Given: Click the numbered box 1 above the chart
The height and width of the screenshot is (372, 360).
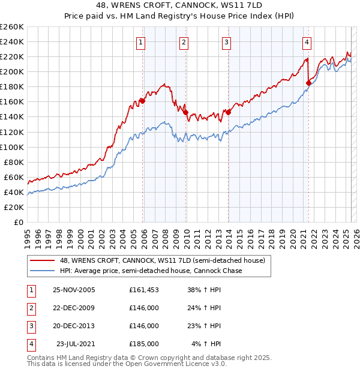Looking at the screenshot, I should coord(140,42).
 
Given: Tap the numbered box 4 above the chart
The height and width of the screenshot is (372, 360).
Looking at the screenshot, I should coord(307,42).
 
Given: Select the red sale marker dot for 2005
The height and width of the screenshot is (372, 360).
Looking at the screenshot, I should coord(142,100).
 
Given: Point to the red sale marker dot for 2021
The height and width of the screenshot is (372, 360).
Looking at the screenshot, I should coord(308,83).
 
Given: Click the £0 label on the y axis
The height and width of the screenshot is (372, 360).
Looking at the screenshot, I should coord(19,222).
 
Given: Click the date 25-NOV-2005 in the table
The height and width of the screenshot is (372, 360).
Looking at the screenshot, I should coord(74,290).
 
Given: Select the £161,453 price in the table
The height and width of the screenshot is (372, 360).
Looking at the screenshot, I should coord(144,290).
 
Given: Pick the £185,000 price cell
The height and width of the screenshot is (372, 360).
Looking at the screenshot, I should coord(144,344).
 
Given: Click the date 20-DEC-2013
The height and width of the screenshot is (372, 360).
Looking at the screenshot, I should coord(74,326).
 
